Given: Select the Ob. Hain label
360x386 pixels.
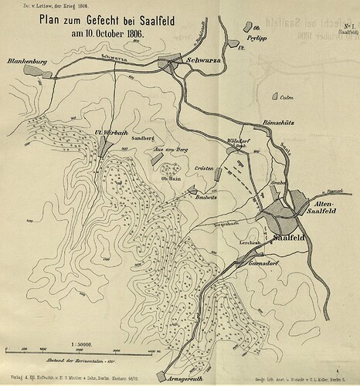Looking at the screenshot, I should coord(170,178).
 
